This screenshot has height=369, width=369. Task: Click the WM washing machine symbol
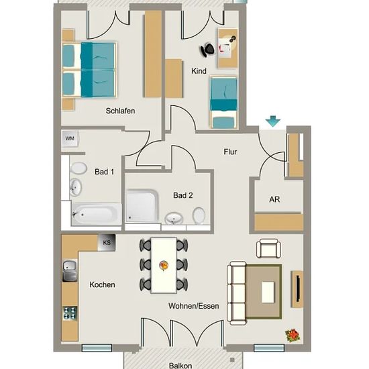70,138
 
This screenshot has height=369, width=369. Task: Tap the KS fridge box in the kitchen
107,242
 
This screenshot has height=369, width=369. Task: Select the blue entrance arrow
273,121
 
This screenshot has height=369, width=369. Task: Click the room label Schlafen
120,111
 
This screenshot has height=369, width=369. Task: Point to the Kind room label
199,71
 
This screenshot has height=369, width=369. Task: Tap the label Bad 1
104,172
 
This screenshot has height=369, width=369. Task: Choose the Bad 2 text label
183,195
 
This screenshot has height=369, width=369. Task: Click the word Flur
230,152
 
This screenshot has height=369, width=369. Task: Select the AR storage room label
274,199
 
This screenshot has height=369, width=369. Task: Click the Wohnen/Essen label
194,306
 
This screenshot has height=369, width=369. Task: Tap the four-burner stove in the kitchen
70,313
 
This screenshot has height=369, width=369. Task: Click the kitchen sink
70,270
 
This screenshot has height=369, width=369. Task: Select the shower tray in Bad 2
142,206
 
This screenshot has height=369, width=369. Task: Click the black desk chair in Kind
207,50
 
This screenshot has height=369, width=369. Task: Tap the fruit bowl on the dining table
164,266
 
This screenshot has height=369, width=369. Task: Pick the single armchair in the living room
268,248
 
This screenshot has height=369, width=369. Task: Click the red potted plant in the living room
293,335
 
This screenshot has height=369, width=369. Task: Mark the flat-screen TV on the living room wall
298,288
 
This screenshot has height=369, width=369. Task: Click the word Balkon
180,366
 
